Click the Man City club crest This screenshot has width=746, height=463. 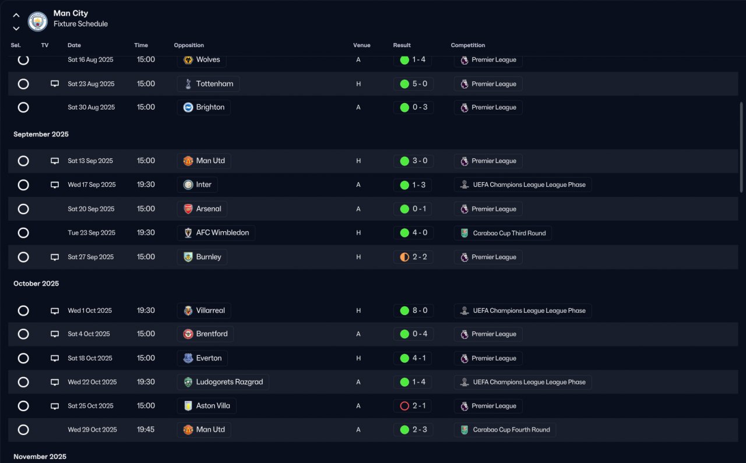point(38,22)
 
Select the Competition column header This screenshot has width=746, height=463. point(467,45)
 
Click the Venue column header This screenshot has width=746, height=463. point(362,45)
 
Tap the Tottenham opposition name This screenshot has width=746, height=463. point(214,84)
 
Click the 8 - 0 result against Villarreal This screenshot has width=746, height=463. point(420,310)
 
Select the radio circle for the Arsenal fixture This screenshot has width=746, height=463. point(23,209)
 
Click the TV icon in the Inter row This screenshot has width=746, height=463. point(55,185)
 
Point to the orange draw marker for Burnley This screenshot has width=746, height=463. point(404,257)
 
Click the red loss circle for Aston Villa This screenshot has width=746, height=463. point(404,406)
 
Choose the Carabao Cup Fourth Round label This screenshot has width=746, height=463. point(511,430)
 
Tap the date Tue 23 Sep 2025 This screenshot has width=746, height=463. point(92,233)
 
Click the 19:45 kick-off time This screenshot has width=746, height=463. point(146,430)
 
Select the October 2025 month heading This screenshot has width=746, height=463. point(36,284)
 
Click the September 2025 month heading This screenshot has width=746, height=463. point(41,134)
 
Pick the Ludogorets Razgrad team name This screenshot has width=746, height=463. point(230,382)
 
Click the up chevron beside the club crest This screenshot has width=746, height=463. point(16,15)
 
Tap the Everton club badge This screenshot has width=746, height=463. point(188,358)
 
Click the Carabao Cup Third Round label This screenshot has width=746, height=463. point(509,233)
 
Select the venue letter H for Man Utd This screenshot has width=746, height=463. point(358,161)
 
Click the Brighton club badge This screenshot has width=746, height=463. point(188,107)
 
